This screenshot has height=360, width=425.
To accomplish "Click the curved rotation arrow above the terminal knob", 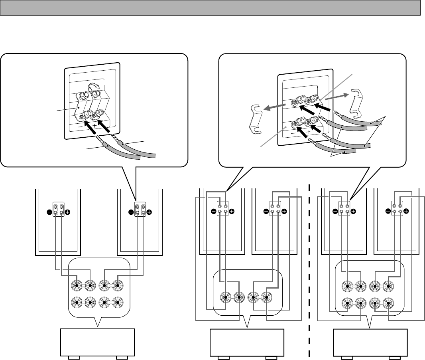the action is [94, 87].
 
